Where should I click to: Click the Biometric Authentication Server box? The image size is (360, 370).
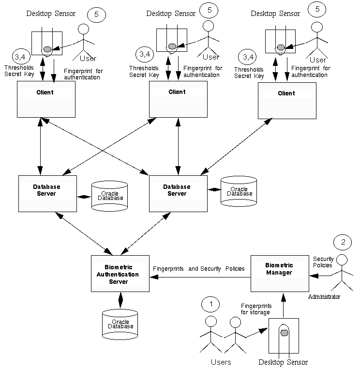point(120,274)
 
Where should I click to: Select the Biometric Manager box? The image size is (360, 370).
point(279,273)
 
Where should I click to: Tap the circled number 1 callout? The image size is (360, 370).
point(210,304)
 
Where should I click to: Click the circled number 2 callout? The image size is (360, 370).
point(343,242)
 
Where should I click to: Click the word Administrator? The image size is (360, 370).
point(324,296)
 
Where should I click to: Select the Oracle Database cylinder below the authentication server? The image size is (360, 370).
point(120,324)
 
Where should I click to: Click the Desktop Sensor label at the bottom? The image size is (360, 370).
point(283,362)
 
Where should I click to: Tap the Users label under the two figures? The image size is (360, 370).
point(221,362)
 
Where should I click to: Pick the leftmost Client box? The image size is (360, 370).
point(46,99)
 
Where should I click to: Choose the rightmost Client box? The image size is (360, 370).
point(286,100)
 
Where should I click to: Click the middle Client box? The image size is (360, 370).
point(178,99)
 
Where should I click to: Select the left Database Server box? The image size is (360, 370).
point(47,193)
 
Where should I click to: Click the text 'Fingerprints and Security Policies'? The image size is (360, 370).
point(198,269)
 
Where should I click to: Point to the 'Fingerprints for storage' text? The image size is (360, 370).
point(256,309)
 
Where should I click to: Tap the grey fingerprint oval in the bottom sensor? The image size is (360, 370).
point(285,332)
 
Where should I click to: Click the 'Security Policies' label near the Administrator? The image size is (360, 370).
point(323,262)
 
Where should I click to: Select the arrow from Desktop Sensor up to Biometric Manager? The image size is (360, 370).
point(284,305)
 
